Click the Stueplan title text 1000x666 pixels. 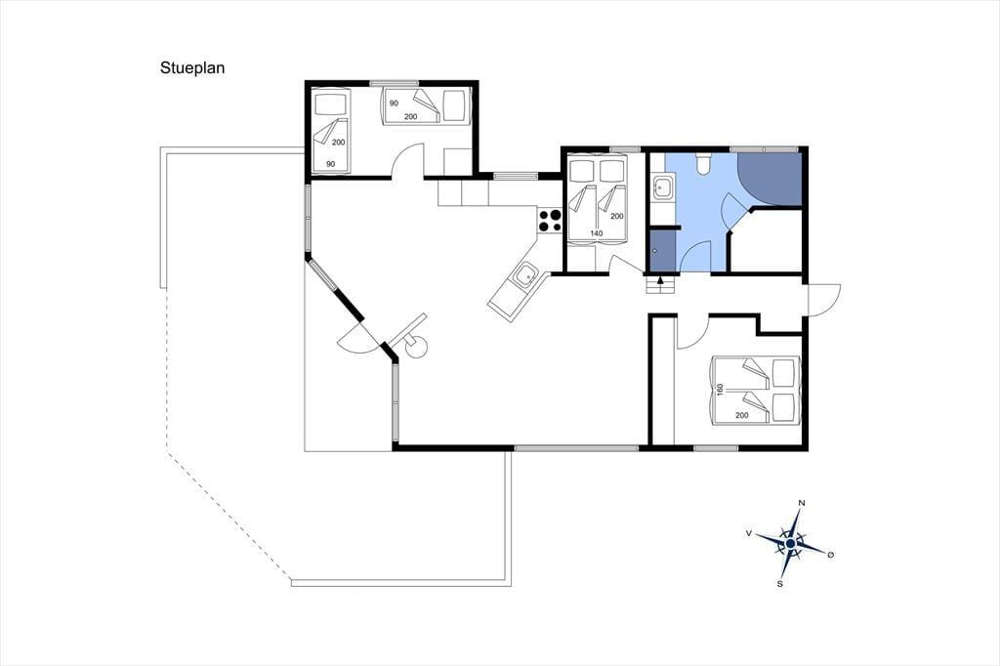192,68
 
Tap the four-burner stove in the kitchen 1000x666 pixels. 550,220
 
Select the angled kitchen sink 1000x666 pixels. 525,276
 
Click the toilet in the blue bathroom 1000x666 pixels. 704,163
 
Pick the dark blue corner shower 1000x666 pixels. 770,180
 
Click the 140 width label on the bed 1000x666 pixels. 597,233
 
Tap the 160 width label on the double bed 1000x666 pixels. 720,390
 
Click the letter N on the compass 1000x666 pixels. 802,503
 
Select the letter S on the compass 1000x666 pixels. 779,583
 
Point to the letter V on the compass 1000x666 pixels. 748,532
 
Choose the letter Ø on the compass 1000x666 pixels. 830,555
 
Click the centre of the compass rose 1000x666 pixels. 791,543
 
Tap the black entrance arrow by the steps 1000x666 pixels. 660,278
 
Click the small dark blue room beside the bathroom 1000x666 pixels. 663,251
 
